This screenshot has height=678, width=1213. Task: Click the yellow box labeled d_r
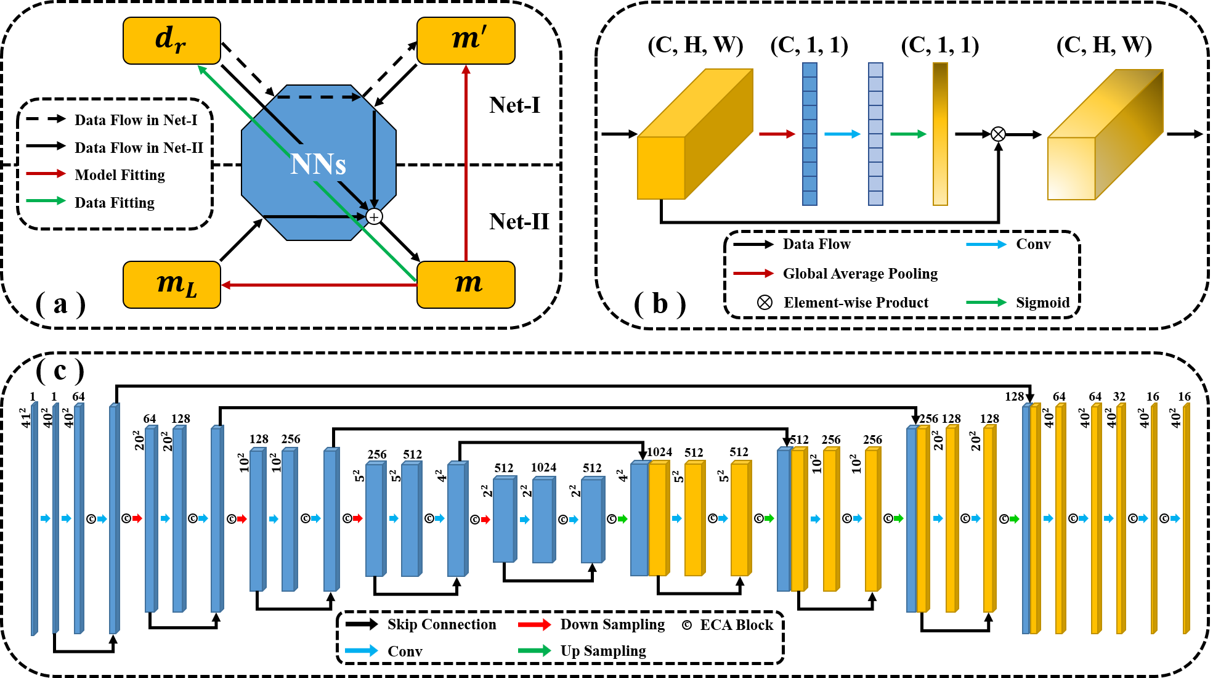[171, 41]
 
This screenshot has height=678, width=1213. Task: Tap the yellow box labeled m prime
[466, 41]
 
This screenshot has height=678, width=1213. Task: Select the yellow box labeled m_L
[171, 285]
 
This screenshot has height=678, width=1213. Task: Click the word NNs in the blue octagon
[318, 164]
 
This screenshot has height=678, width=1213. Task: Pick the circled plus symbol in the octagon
[374, 217]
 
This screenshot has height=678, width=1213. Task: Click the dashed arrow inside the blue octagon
[318, 97]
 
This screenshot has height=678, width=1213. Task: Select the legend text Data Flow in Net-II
[139, 148]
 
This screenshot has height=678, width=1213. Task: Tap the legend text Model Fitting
[120, 175]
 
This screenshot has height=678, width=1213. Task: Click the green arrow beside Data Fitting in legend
[46, 201]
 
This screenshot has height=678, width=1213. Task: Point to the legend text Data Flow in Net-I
[136, 120]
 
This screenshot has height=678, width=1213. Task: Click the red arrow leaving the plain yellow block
[776, 134]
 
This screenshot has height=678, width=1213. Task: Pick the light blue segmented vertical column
[875, 134]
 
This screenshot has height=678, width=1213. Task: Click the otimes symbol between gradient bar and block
[998, 134]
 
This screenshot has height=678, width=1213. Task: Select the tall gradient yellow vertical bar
[940, 134]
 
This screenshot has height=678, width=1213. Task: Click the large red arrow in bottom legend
[534, 624]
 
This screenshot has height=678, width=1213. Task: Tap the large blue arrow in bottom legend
[361, 650]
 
